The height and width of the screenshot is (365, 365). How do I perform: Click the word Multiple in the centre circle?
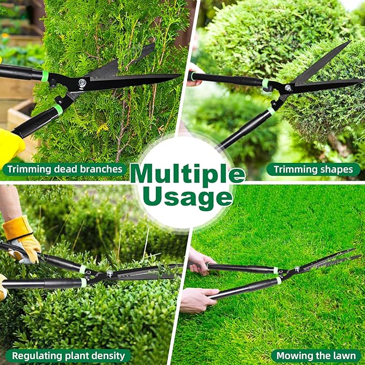[188, 174]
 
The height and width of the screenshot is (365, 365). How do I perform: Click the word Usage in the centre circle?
[188, 198]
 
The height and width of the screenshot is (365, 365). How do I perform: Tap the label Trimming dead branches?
[65, 169]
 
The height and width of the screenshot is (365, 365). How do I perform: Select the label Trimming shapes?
[313, 169]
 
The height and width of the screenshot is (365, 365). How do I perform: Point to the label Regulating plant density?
[68, 356]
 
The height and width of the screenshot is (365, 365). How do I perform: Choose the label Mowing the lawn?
[316, 356]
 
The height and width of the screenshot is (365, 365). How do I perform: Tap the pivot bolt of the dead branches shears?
[82, 82]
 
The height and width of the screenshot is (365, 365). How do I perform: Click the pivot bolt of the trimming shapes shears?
[288, 88]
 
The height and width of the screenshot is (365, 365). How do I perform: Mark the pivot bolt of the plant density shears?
[110, 273]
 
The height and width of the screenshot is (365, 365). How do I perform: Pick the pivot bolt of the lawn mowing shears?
[297, 269]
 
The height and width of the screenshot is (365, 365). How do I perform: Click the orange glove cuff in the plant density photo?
[17, 228]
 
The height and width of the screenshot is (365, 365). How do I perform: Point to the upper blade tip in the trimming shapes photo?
[349, 41]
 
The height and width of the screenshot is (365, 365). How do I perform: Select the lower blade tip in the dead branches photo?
[179, 75]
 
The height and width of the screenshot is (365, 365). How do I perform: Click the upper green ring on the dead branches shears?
[45, 76]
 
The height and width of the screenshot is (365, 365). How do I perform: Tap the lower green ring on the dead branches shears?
[58, 110]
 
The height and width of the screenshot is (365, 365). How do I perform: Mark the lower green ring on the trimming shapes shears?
[271, 111]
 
